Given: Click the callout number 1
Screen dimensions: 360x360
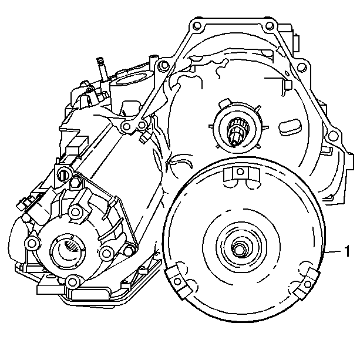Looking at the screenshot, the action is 347,251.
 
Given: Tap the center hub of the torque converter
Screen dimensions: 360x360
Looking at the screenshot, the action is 239,248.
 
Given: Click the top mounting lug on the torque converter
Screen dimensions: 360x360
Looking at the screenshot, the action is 241,173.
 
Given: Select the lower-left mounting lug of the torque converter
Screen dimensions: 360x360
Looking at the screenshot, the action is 179,281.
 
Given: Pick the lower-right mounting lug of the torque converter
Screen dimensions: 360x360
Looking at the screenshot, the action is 307,284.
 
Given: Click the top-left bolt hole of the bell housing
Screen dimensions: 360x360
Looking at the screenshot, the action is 197,25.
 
